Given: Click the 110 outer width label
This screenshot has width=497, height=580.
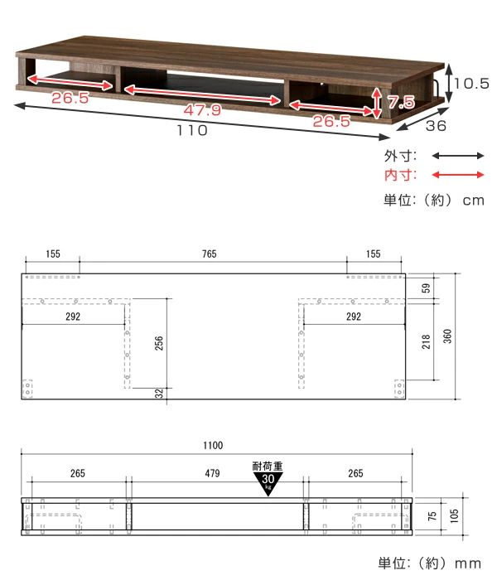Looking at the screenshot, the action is [x=192, y=130].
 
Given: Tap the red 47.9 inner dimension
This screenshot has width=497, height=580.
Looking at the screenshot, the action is [x=202, y=110].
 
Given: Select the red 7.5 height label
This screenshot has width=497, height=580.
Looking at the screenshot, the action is [x=401, y=101].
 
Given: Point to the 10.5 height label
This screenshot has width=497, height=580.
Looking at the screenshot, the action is [x=472, y=84].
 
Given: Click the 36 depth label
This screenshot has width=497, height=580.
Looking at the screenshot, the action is [x=436, y=126].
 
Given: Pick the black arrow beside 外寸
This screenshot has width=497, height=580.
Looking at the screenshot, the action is [x=458, y=156].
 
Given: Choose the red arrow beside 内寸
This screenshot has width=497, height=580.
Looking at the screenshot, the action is [x=458, y=175].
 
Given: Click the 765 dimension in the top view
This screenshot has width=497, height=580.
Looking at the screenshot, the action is [x=210, y=254].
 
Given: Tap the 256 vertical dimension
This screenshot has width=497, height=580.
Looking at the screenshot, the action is [x=159, y=343].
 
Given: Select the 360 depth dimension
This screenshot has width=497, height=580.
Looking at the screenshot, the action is [x=447, y=336].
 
